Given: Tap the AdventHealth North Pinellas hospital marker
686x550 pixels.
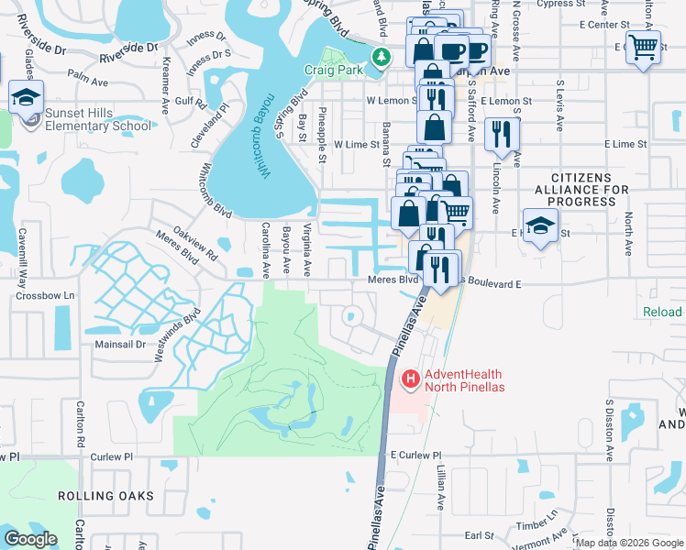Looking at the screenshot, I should (411, 378).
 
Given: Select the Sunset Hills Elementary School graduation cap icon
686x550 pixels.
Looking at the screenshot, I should (27, 96).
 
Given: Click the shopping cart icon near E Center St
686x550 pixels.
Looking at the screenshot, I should (643, 47).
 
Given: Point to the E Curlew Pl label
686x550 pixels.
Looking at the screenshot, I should (415, 455).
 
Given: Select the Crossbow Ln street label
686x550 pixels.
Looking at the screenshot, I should (45, 296).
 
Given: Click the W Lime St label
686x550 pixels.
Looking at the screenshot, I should (357, 144).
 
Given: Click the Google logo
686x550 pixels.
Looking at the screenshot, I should (31, 539).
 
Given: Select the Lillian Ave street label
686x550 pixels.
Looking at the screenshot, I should (439, 489).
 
